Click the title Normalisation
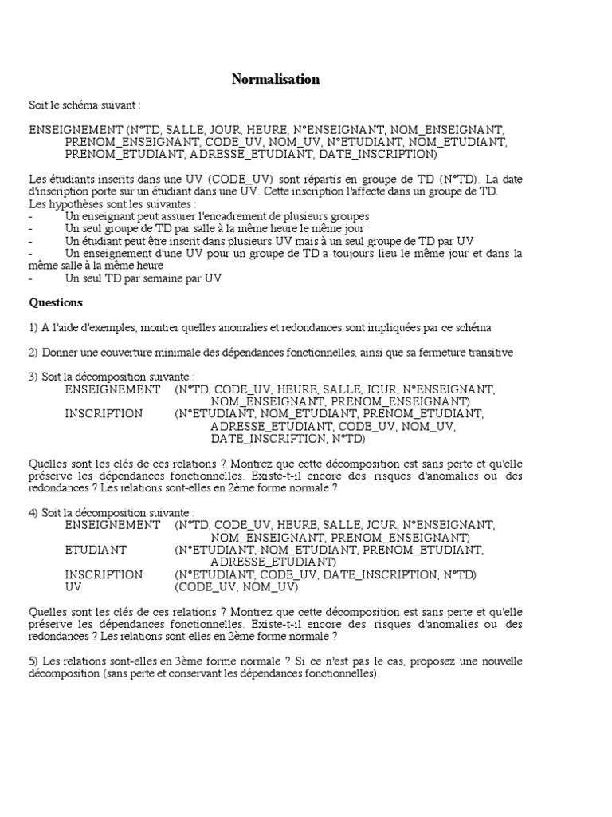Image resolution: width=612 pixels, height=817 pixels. pyautogui.click(x=276, y=79)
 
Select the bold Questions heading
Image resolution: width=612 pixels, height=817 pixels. pyautogui.click(x=56, y=302)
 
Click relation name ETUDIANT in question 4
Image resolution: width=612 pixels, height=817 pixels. pyautogui.click(x=96, y=550)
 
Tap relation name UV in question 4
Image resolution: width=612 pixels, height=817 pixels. pyautogui.click(x=73, y=587)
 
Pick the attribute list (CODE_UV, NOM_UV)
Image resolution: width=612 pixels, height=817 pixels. pyautogui.click(x=236, y=587)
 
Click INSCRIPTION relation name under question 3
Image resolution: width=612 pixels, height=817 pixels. pyautogui.click(x=104, y=414)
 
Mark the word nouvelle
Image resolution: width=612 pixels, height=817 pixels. pyautogui.click(x=499, y=661)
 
